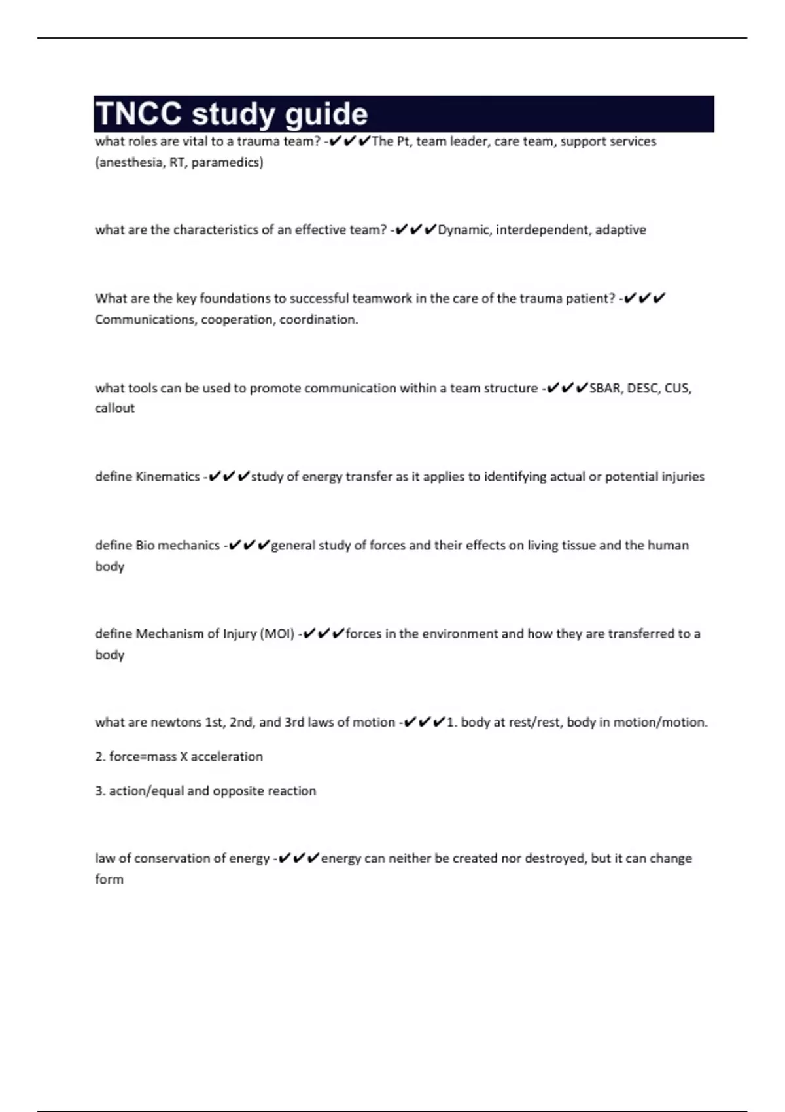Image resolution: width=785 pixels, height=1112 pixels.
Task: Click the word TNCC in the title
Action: coord(138,114)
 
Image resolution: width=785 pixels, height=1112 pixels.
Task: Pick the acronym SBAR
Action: coord(604,388)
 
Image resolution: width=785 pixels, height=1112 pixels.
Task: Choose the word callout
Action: coord(114,408)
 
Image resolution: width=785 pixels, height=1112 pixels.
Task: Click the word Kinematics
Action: coord(167,477)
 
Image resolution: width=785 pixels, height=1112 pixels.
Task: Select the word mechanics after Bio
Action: coord(189,546)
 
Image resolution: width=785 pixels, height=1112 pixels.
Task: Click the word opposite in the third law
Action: coord(238,791)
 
